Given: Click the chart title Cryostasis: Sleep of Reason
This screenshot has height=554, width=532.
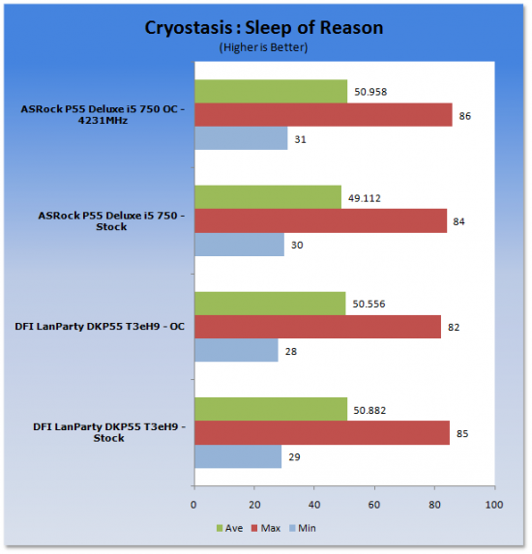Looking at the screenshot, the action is (264, 28).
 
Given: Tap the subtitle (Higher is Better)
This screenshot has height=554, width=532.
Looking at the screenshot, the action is (263, 47).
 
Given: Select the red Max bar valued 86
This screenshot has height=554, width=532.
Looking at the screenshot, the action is (323, 115).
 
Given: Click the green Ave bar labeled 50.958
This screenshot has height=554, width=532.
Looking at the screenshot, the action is (271, 92).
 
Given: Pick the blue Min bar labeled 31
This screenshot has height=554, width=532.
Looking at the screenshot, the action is (241, 138).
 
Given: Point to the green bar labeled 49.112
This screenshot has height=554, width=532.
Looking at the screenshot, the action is (268, 197).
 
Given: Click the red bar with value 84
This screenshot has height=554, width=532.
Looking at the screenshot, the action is (320, 220).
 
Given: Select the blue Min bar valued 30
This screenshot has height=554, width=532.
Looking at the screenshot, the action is (239, 245).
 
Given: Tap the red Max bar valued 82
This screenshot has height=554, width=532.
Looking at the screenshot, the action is (318, 327).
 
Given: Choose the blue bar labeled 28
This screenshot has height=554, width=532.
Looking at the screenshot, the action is (236, 350).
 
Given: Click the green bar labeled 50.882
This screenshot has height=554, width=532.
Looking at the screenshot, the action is (271, 409).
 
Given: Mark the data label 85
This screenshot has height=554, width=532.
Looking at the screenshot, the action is (462, 433).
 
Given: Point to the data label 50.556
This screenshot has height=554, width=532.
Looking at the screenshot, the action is (369, 304).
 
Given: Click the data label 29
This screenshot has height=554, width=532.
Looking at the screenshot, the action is (294, 457).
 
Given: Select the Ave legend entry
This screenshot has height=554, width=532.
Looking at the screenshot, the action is (229, 528).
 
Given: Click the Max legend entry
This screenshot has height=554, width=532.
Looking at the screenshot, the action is (266, 528).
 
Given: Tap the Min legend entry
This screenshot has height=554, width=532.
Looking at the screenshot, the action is (303, 528).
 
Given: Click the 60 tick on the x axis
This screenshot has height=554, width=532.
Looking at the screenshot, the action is (374, 505).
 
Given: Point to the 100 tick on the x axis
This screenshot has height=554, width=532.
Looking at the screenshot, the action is (494, 505).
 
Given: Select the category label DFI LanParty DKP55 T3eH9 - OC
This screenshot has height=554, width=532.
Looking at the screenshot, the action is (100, 326).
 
